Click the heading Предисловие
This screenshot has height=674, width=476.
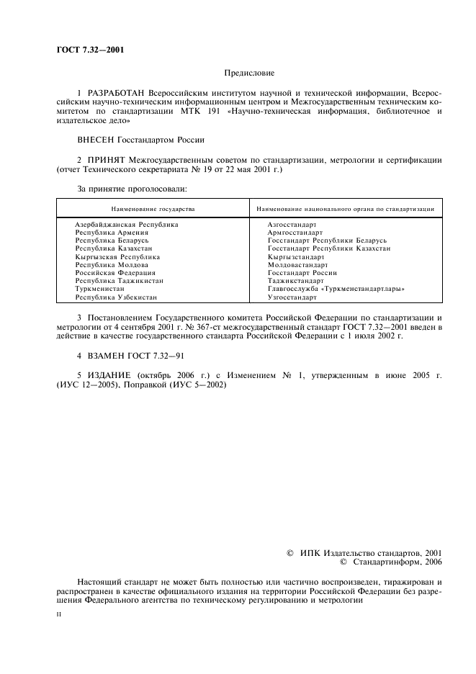click(x=249, y=73)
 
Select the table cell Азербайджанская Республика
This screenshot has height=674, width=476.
click(x=126, y=225)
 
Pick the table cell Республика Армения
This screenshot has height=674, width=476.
click(x=112, y=233)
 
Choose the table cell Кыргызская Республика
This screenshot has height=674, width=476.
click(x=117, y=256)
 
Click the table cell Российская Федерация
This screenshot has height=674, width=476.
click(x=115, y=273)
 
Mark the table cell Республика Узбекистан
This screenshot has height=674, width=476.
click(x=116, y=297)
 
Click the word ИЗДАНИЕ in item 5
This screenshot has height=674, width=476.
click(x=108, y=375)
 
